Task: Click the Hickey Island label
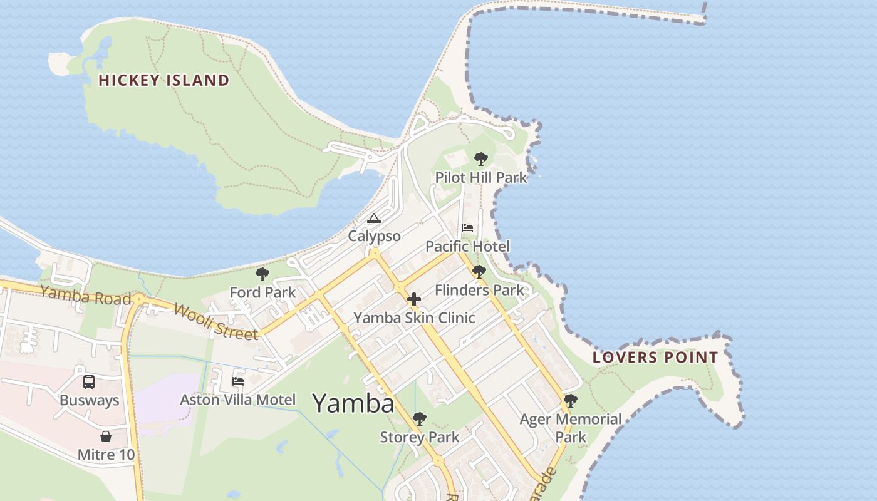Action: [x=164, y=80]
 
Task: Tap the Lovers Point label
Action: [x=655, y=358]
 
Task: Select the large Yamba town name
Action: [x=353, y=403]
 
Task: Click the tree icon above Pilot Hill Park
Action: [x=480, y=159]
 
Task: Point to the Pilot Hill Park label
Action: [x=481, y=178]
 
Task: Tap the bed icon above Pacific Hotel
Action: [x=467, y=227]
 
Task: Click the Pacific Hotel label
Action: [x=467, y=246]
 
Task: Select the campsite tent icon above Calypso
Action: [x=374, y=218]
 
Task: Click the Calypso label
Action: [x=374, y=236]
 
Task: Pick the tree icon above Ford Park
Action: [x=262, y=274]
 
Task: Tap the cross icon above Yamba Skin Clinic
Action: [x=414, y=299]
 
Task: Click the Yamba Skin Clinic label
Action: [x=414, y=318]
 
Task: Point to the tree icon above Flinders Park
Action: [x=479, y=272]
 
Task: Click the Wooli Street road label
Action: [x=215, y=322]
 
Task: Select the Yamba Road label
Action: [x=86, y=295]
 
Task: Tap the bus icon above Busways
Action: [x=89, y=381]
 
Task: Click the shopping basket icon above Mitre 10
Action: [x=106, y=436]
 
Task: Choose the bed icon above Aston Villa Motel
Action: [x=238, y=381]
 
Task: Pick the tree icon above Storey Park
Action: [x=420, y=418]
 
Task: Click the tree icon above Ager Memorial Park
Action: [x=570, y=400]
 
